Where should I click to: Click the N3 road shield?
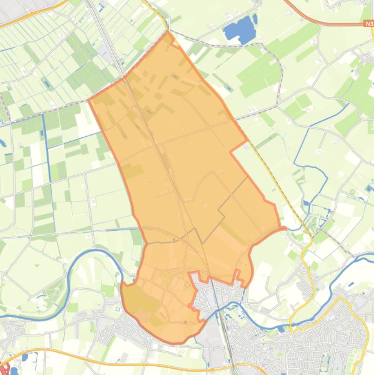click(x=368, y=23)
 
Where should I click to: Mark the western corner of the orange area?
click(x=89, y=99)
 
